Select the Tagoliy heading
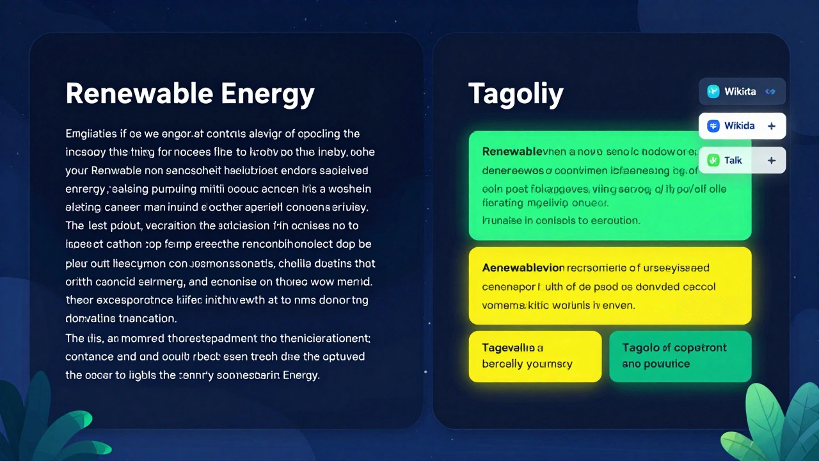(516, 93)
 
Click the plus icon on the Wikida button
(772, 126)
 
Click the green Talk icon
(713, 160)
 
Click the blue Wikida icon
(713, 126)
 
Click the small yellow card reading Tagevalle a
(535, 356)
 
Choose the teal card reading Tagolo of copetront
(680, 356)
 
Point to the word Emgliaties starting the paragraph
(91, 134)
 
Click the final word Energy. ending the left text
(300, 375)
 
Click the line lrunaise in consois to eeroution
(561, 220)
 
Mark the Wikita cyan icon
(713, 92)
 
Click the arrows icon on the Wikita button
(770, 92)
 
